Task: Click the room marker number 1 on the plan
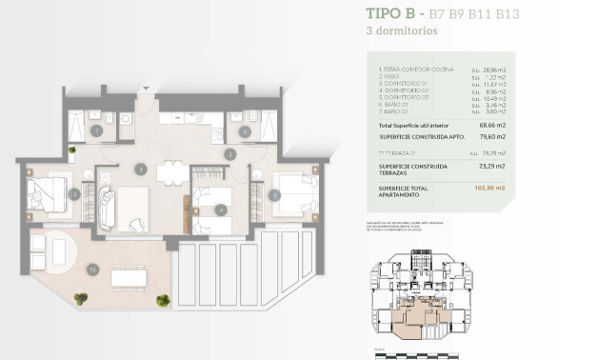point(140,170)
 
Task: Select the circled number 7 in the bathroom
point(97,130)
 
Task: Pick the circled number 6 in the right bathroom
point(245,130)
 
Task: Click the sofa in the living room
point(107,206)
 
